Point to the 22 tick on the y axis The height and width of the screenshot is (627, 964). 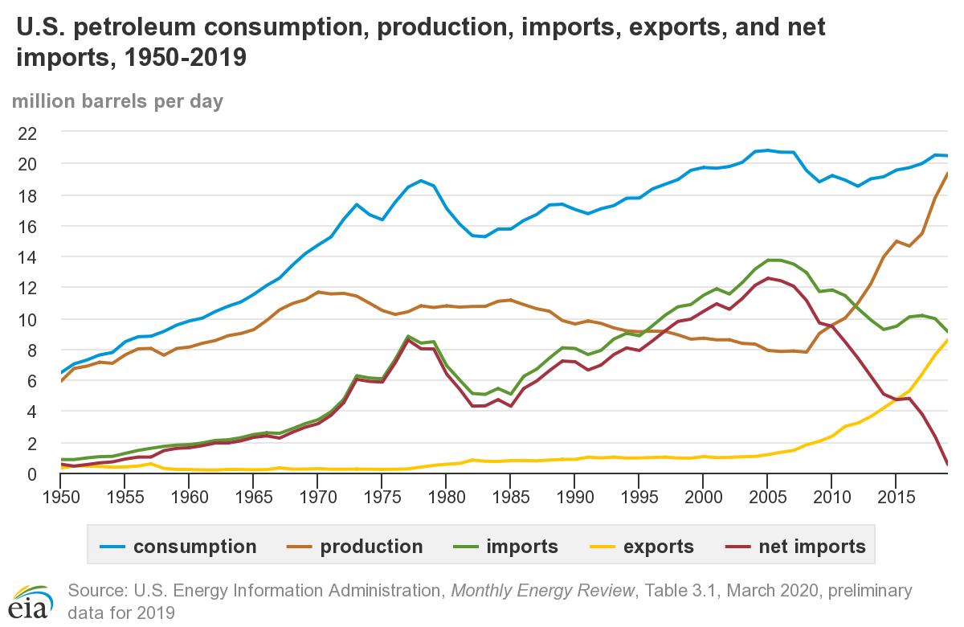[x=27, y=132]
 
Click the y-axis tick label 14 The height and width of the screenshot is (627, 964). [x=27, y=256]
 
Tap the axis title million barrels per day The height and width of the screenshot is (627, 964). [x=117, y=101]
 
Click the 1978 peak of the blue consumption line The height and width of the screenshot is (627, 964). [x=421, y=181]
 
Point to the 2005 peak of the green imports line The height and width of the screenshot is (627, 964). [x=768, y=260]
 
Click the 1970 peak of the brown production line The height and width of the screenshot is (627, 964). [x=318, y=292]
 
